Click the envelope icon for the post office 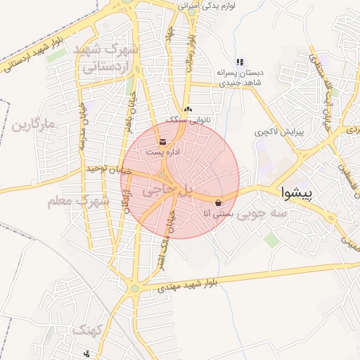(163, 143)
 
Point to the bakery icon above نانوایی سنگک (187, 110)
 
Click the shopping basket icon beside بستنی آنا (218, 202)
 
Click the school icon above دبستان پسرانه (240, 63)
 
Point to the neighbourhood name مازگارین (33, 127)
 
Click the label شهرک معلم (79, 200)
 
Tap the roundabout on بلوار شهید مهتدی (134, 288)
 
